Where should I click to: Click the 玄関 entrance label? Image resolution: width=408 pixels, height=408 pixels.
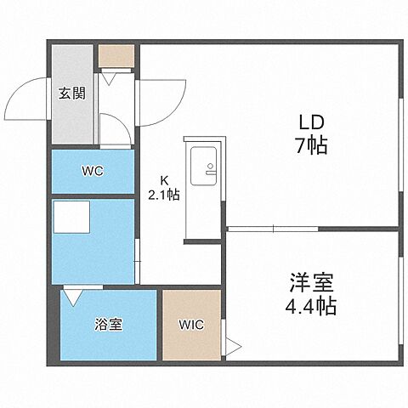[x=71, y=93]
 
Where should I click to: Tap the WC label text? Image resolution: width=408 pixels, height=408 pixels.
[x=92, y=171]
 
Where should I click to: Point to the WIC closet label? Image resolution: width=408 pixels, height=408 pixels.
[x=190, y=324]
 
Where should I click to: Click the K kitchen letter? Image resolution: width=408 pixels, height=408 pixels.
[x=166, y=180]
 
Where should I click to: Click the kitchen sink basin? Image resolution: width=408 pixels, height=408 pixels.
[x=203, y=164]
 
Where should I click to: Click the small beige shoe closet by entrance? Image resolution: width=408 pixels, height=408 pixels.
[x=116, y=55]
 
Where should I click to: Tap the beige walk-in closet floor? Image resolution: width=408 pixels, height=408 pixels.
[x=190, y=344]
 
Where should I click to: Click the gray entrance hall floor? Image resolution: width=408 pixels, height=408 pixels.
[x=71, y=119]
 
